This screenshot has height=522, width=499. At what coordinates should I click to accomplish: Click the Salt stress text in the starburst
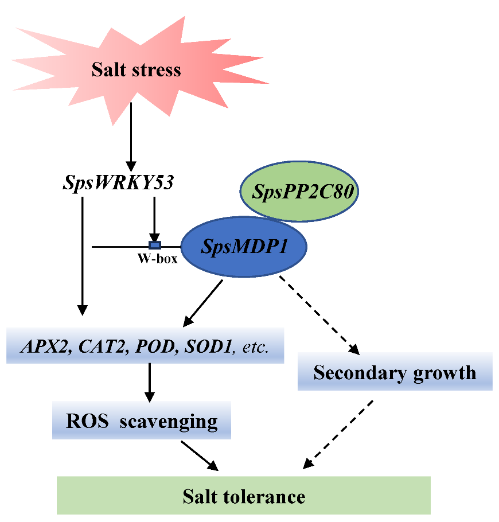tap(137, 70)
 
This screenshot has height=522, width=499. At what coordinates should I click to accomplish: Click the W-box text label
tap(157, 259)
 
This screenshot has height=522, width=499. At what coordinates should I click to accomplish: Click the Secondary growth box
tap(395, 373)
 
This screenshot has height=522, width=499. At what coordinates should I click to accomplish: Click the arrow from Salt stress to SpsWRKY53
tap(131, 135)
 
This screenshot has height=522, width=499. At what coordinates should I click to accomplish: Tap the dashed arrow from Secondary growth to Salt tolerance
tap(340, 433)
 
